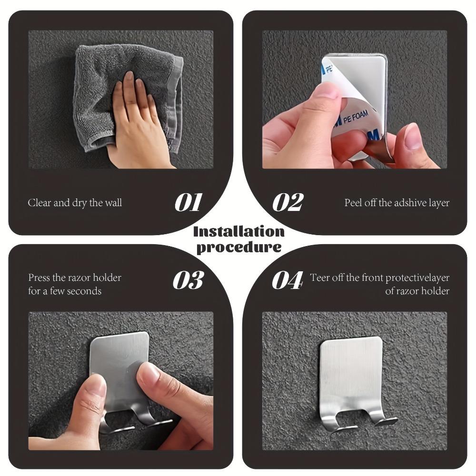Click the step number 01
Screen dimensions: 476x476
(188, 202)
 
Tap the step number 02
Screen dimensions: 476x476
(288, 202)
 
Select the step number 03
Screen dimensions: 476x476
(188, 280)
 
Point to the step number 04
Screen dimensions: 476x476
(287, 280)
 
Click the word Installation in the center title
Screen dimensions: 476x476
(238, 232)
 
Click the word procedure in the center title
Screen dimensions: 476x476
(238, 247)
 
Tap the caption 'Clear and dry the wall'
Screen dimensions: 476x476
(75, 203)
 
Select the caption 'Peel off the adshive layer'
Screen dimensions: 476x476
(397, 203)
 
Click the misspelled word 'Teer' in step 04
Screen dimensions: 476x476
(319, 278)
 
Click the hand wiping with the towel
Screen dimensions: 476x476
(136, 124)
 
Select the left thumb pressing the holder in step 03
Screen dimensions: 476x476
(90, 400)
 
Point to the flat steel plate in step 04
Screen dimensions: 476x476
(351, 371)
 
